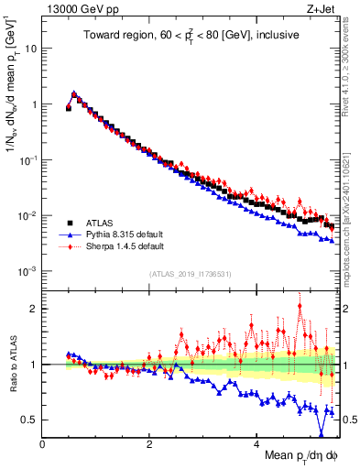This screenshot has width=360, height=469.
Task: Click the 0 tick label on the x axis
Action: (42, 443)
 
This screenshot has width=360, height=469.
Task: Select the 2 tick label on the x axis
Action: (149, 443)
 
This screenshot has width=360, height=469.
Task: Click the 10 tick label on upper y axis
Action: (30, 48)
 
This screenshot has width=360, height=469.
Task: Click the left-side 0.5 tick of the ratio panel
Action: (29, 420)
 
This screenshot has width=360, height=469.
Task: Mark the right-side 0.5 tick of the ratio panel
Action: (345, 420)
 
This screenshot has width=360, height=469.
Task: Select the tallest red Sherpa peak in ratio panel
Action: (300, 306)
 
